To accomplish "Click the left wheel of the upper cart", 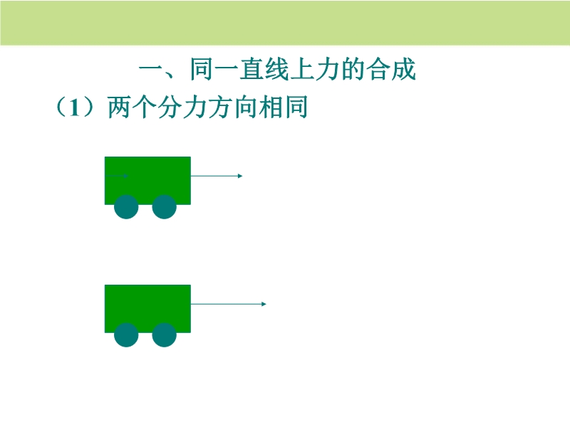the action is click(x=126, y=206).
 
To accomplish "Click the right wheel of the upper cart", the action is click(x=164, y=206).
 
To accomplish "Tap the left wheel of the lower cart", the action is click(x=126, y=334).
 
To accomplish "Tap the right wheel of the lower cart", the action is click(x=164, y=334).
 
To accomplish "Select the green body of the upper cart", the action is click(x=147, y=181).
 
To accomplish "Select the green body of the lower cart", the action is click(x=147, y=309).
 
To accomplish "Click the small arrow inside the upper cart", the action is click(x=116, y=176).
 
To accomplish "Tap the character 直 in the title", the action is click(x=252, y=69).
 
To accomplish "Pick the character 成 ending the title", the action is click(x=403, y=69).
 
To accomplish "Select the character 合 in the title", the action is click(x=378, y=69).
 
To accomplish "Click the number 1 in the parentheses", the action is click(x=75, y=107).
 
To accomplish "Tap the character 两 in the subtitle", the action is click(x=119, y=107).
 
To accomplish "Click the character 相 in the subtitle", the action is click(x=271, y=107).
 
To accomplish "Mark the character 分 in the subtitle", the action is click(x=170, y=107).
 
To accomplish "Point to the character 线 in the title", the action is click(x=277, y=69).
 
